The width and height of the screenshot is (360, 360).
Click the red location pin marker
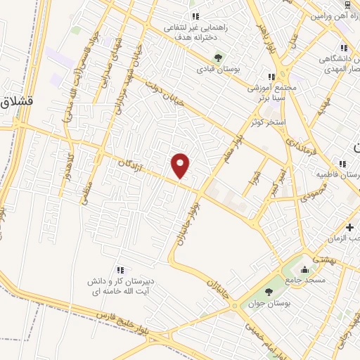coord(181,165)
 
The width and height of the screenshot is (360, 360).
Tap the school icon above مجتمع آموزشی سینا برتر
coord(271,77)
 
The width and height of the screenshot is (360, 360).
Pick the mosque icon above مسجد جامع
coord(304,270)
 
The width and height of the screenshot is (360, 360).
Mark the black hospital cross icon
coord(349,227)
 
